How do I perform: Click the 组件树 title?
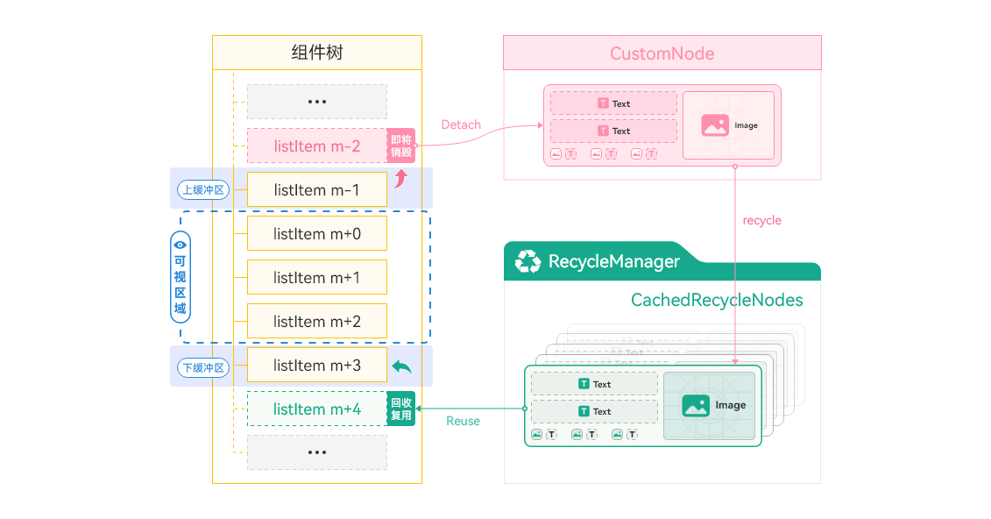tap(317, 53)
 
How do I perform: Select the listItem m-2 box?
tap(316, 146)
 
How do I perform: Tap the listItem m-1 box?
tap(316, 189)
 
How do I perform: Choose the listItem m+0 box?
tap(316, 234)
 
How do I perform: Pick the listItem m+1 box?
tap(316, 278)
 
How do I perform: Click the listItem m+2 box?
tap(316, 322)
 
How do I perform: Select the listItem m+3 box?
tap(316, 366)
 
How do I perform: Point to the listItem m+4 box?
tap(316, 409)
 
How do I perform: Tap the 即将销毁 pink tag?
tap(401, 146)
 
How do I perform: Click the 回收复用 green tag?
tap(401, 409)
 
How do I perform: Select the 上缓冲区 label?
tap(202, 189)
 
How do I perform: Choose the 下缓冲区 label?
tap(202, 367)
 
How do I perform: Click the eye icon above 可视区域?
tap(180, 245)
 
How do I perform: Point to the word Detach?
tap(461, 124)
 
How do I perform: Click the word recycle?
tap(761, 220)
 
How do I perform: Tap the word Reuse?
tap(463, 421)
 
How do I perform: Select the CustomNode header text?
tap(662, 53)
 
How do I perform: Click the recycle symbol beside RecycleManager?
tap(527, 261)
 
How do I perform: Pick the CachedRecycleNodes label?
tap(717, 301)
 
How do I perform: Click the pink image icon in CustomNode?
tap(715, 125)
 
